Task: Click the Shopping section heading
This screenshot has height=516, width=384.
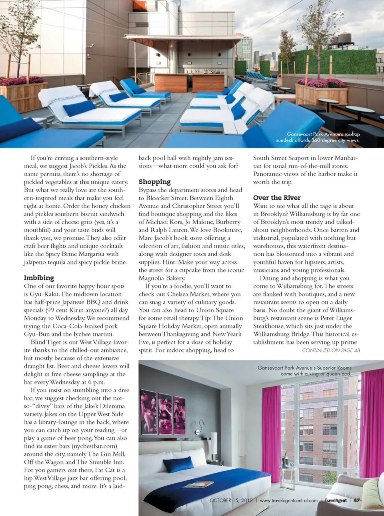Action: point(154,182)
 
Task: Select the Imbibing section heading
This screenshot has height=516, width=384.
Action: point(39,278)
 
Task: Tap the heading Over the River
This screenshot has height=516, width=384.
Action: point(277,198)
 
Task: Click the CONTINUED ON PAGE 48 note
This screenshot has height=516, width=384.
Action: point(331,350)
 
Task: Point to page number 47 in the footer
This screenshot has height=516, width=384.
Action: point(356,500)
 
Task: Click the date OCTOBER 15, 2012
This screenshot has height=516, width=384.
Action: point(231,500)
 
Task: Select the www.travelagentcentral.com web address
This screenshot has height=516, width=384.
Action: point(288,500)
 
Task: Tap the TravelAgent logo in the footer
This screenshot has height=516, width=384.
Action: point(336,500)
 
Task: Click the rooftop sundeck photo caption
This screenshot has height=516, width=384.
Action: point(318,137)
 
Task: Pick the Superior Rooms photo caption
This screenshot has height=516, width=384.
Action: point(305,370)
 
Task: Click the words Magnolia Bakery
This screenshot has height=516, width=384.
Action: point(162,278)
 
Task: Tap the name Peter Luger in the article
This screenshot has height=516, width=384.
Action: point(335,318)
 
